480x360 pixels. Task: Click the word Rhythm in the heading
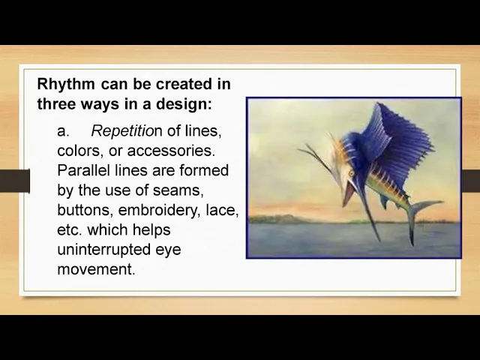[x=66, y=85]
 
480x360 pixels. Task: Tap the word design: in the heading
[x=184, y=103]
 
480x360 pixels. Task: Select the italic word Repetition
[x=127, y=132]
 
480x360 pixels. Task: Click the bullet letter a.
[x=62, y=132]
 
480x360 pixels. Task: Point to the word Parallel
[x=83, y=170]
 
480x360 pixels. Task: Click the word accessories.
[x=171, y=151]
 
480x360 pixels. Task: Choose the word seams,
[x=178, y=190]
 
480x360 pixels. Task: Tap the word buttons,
[x=85, y=210]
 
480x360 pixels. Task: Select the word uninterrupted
[x=103, y=250]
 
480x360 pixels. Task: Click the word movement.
[x=96, y=269]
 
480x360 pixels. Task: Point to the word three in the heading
[x=57, y=103]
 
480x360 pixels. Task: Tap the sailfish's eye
[x=351, y=173]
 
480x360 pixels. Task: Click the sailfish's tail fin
[x=422, y=217]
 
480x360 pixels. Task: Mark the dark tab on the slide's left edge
[x=15, y=181]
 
